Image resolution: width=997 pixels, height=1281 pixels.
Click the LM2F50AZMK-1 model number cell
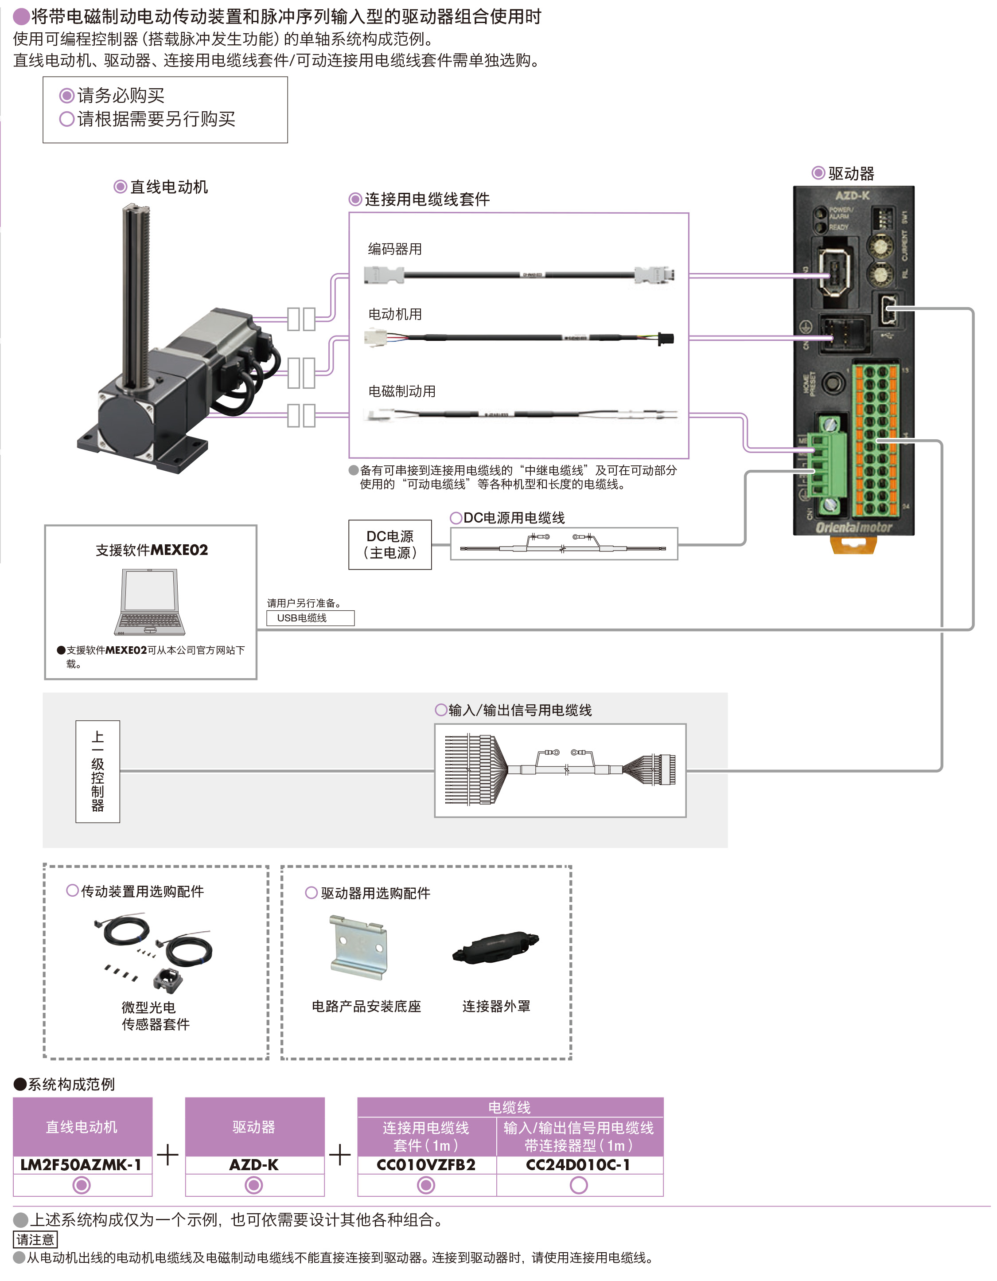pos(82,1165)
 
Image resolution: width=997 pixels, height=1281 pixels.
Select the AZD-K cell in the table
pos(254,1165)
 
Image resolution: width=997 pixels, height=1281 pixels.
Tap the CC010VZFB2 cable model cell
pos(426,1165)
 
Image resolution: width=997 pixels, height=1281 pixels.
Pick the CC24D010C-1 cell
pos(579,1165)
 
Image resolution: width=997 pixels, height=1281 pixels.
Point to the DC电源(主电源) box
pos(390,544)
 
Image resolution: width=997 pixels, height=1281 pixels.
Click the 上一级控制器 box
pos(98,771)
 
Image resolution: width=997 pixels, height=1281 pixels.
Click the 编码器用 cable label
pos(395,249)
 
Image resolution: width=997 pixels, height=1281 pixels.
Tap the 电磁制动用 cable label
pos(402,391)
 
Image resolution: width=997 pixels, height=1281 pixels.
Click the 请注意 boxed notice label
pos(35,1239)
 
